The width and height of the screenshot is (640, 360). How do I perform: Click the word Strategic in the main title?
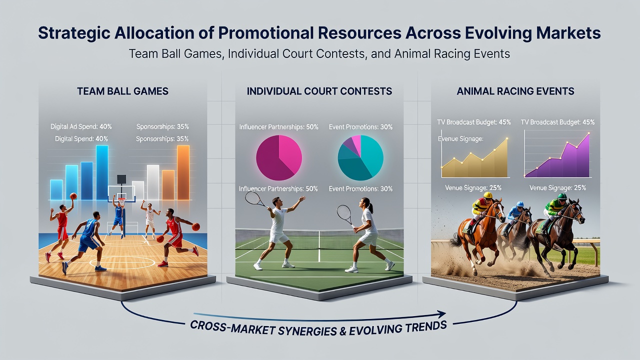tap(74, 33)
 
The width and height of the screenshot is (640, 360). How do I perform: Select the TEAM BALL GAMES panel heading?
tap(122, 91)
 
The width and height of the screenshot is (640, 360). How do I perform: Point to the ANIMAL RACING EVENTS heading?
tap(515, 91)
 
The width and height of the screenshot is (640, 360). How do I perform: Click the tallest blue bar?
tap(102, 172)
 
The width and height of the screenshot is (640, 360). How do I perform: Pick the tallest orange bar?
tap(183, 172)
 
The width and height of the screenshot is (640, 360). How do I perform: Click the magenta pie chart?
tap(279, 157)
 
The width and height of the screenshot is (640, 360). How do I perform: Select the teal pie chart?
tap(360, 157)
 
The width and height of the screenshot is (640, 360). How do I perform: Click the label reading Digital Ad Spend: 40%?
tap(81, 126)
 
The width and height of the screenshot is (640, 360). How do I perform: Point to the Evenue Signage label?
tap(460, 139)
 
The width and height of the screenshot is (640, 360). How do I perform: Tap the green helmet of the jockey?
tap(562, 196)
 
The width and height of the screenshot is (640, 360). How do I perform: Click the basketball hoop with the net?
tap(121, 201)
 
